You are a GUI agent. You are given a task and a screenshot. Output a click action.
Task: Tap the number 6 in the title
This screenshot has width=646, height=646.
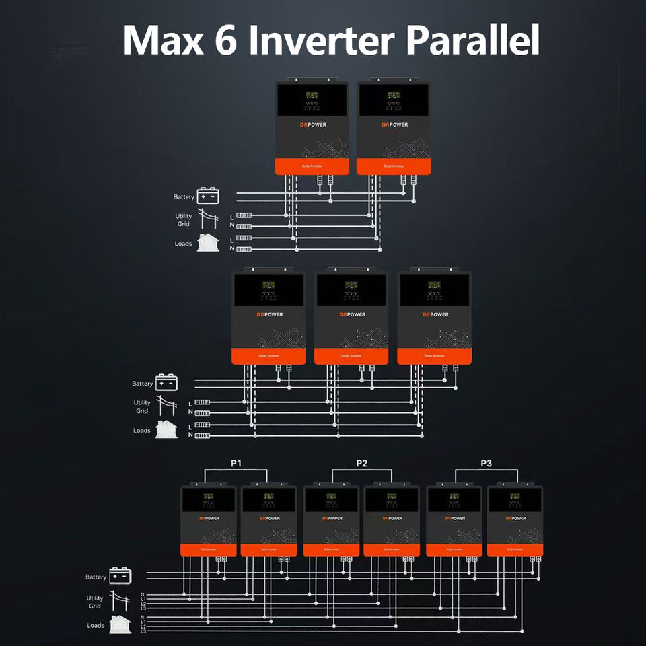[230, 40]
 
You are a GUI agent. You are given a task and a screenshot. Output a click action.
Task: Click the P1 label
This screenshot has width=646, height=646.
[236, 464]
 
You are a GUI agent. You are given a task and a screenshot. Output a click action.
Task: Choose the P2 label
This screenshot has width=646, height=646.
[362, 464]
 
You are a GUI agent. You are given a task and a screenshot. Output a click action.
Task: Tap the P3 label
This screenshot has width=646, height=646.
[486, 464]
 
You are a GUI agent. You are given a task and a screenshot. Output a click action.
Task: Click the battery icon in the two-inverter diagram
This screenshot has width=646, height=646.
[208, 196]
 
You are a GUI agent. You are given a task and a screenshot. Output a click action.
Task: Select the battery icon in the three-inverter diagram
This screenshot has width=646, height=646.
[167, 383]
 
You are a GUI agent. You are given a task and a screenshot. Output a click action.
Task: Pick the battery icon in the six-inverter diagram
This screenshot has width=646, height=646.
[120, 576]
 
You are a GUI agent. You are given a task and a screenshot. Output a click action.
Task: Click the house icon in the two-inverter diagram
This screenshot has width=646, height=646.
[208, 242]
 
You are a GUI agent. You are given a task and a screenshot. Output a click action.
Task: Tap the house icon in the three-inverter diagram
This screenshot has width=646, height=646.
[166, 429]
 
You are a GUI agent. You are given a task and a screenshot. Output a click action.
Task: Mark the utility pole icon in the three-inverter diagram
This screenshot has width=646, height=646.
[166, 406]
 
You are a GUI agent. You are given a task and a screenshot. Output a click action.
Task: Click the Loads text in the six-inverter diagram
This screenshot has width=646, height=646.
[96, 626]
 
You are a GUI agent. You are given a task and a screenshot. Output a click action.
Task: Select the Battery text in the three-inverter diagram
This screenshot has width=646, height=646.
[143, 384]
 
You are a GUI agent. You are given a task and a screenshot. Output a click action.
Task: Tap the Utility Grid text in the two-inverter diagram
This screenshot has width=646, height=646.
[184, 220]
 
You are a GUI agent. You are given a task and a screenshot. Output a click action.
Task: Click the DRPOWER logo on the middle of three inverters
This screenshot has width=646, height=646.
[353, 314]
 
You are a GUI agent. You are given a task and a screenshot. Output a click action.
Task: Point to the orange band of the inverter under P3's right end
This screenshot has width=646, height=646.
[515, 549]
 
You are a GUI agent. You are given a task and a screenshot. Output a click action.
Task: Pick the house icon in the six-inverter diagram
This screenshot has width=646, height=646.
[120, 624]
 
